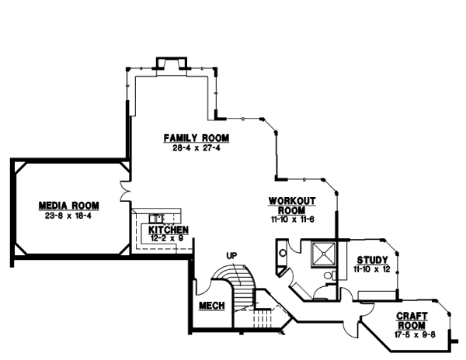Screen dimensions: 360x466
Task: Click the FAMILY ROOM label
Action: [x=196, y=138]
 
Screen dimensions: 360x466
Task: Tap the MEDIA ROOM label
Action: [x=69, y=205]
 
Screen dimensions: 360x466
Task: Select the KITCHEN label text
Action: [x=169, y=231]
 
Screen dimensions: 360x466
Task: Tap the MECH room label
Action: [x=211, y=306]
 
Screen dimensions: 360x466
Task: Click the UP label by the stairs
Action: [x=231, y=255]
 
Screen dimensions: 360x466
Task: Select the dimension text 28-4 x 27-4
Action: [x=196, y=147]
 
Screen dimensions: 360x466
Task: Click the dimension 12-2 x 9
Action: [x=169, y=240]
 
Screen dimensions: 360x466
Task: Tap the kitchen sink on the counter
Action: [x=158, y=218]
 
